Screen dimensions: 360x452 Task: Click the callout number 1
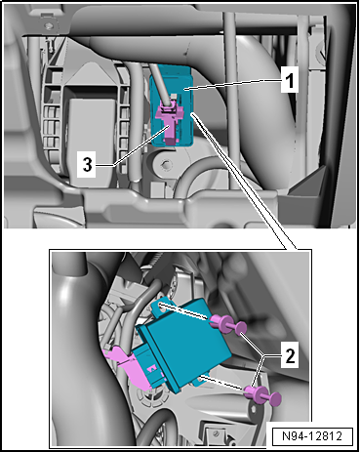point(289,81)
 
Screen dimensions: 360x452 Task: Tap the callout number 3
point(87,165)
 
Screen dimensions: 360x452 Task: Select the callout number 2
point(289,355)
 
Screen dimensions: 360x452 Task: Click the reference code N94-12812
point(312,435)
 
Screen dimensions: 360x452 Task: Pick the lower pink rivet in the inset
point(262,394)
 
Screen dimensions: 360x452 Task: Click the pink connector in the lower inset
point(130,367)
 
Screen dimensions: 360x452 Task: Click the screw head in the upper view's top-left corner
point(50,25)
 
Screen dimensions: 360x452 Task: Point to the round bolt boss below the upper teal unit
point(167,163)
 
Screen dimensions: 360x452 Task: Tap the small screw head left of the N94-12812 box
point(217,433)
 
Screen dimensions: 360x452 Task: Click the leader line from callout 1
point(232,85)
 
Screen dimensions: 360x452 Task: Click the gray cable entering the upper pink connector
point(160,84)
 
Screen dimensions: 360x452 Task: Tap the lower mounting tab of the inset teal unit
point(199,381)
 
